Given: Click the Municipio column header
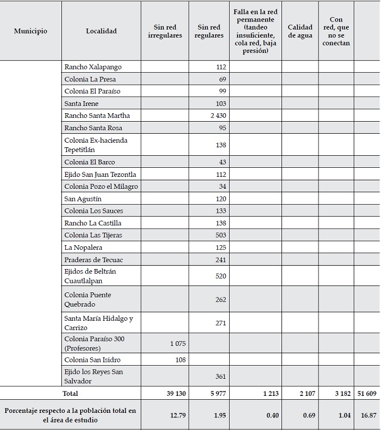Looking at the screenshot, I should coord(31,31).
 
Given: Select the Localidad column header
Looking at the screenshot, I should coord(101,31).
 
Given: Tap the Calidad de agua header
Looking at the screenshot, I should coord(300,31).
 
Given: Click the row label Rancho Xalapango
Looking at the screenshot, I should coord(93,67).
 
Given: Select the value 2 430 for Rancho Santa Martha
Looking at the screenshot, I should coord(218,116).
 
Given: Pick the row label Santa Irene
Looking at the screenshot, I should coord(81,104).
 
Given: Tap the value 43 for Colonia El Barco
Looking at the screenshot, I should coord(222,162).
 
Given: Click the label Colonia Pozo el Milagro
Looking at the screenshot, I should coord(101,187).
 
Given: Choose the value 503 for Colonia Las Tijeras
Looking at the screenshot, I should coord(220,235).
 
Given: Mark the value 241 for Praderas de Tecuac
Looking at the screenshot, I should coord(220,260).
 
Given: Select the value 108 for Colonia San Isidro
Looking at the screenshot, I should coord(181,360).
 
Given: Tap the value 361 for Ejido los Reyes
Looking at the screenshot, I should coord(220,377).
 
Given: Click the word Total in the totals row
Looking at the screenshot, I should coord(71,393).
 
